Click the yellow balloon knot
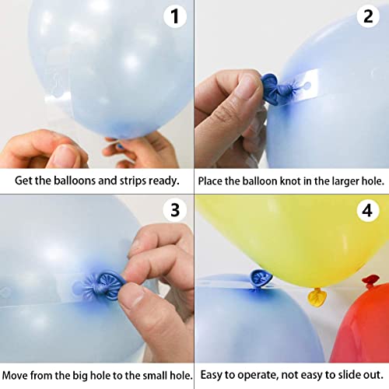tap(317, 296)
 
